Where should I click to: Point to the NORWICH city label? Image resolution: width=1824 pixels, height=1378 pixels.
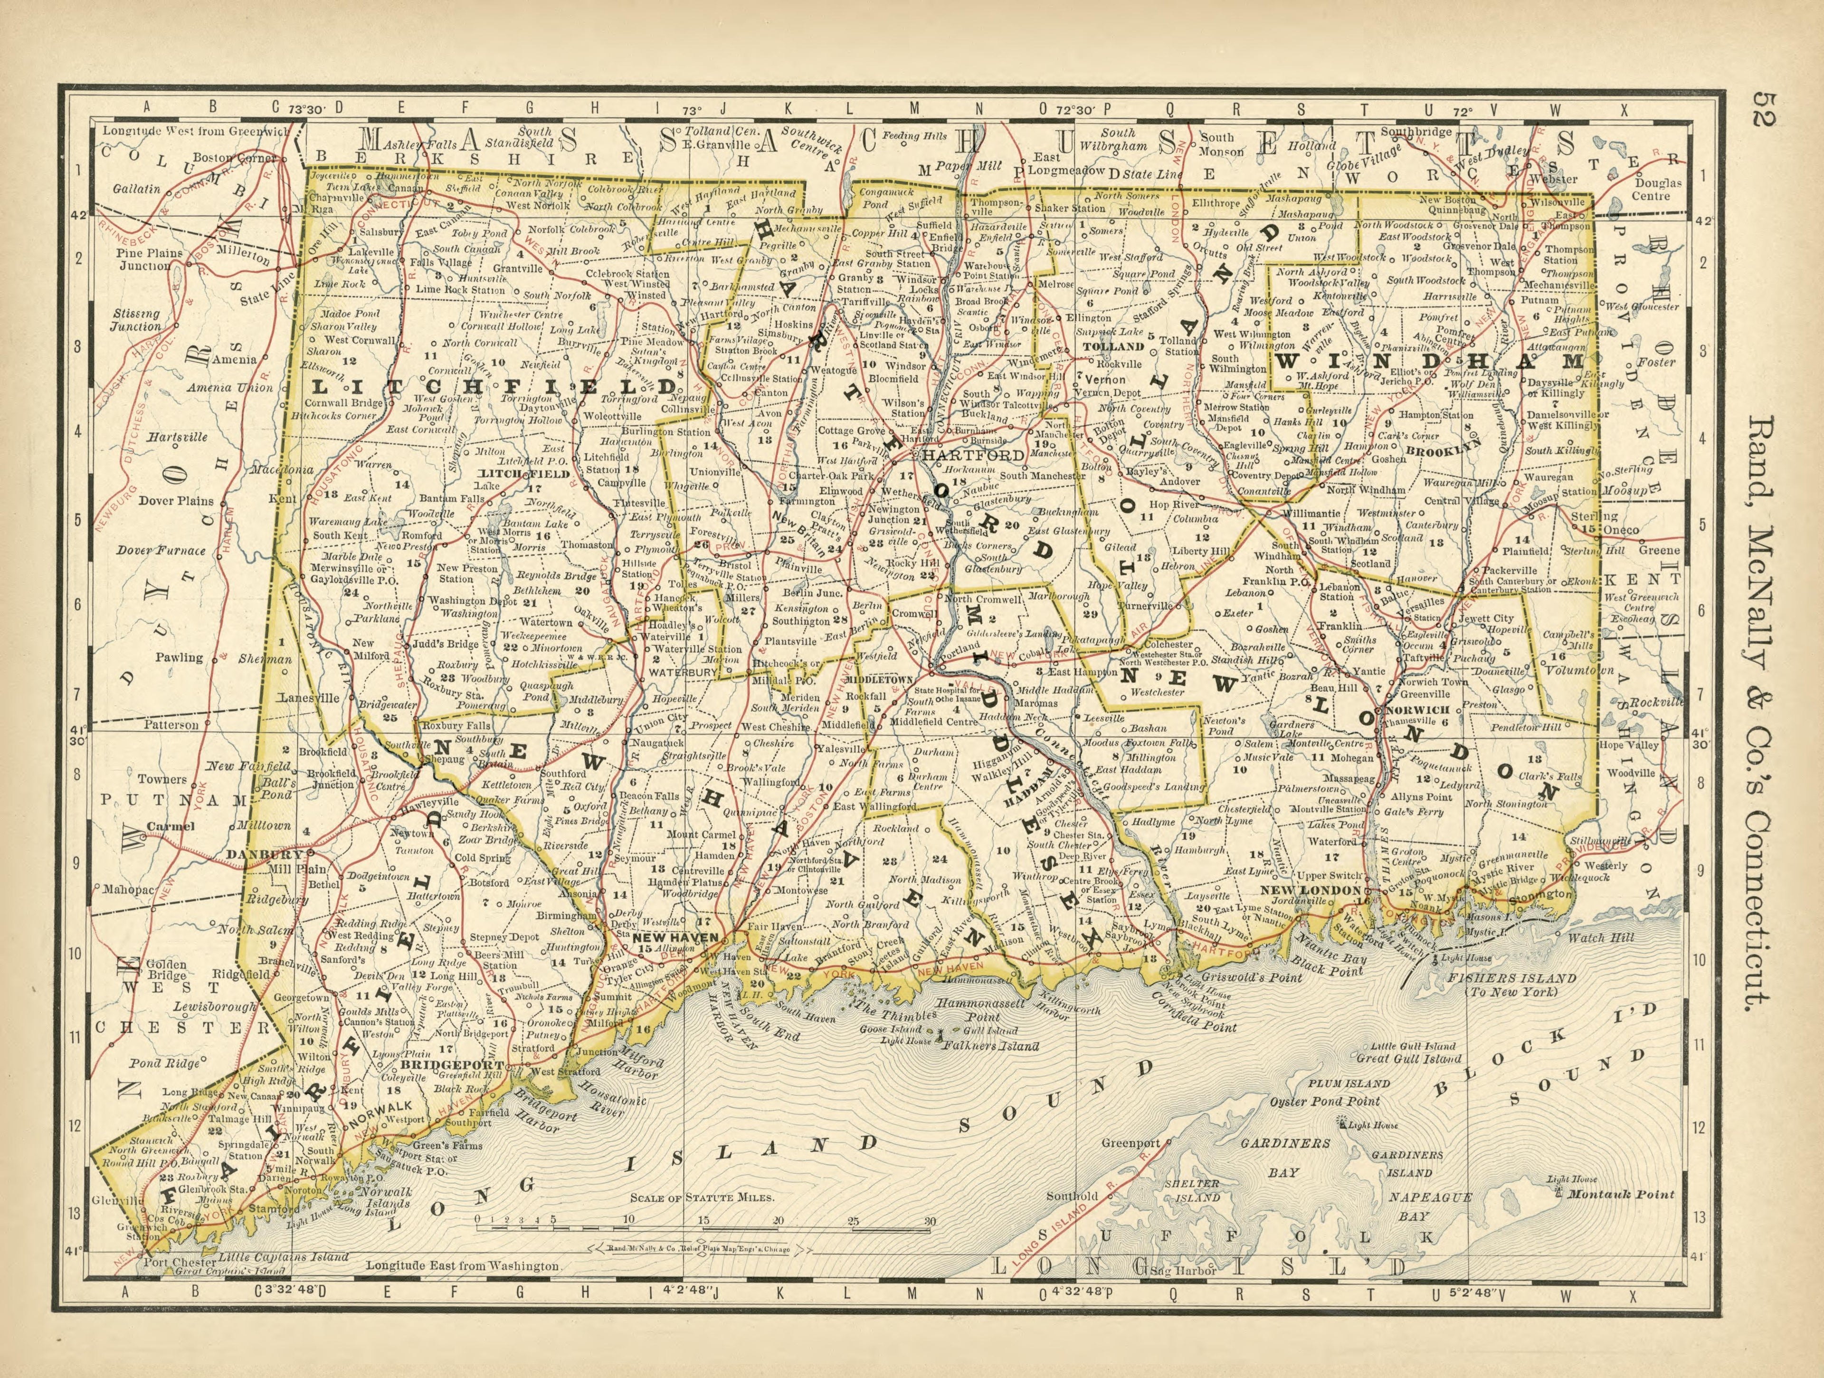[1416, 710]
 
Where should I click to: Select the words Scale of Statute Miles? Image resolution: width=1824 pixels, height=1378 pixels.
[702, 1197]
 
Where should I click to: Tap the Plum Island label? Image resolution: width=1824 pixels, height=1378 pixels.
[1349, 1083]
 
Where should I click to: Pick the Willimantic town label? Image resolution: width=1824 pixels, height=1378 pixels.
[1310, 512]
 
